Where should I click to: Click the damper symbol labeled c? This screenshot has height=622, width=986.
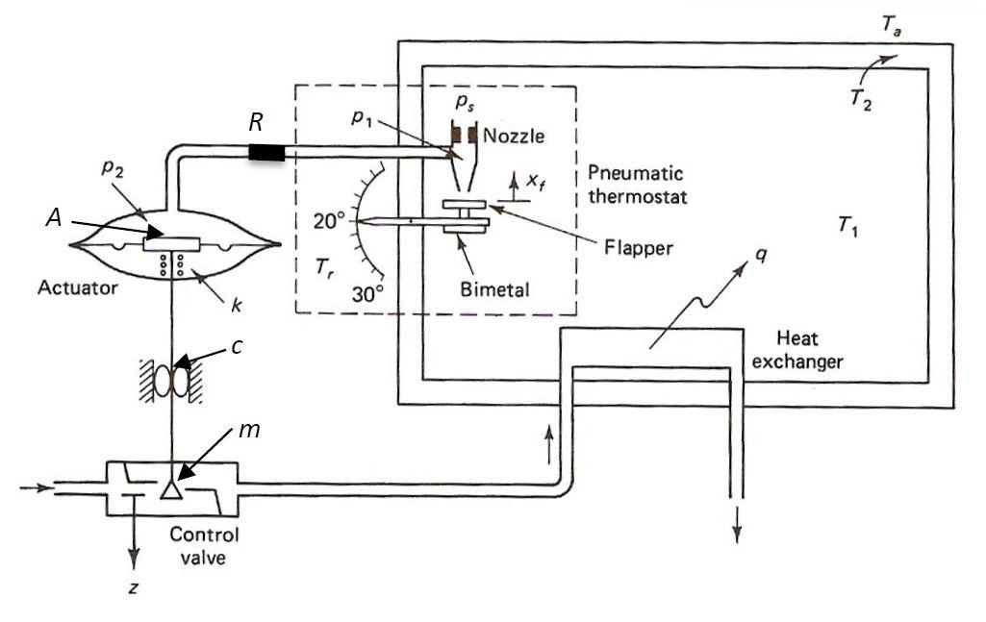point(176,378)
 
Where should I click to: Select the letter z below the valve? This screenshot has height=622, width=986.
point(134,585)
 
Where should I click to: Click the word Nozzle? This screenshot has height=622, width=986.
point(514,137)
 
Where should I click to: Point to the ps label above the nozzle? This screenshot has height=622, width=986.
point(465,107)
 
